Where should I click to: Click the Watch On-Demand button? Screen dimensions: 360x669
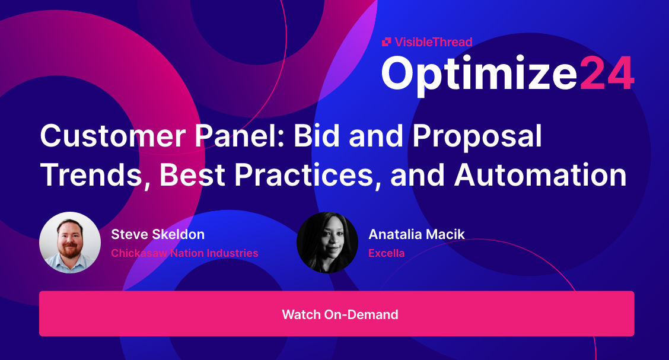[x=336, y=314]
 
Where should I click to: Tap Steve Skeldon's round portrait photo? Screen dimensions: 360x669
[x=70, y=243]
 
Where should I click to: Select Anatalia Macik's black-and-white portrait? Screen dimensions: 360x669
[x=327, y=243]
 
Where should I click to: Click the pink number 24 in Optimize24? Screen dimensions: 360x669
[x=606, y=74]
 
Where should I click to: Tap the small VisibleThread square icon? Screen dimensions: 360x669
[x=387, y=42]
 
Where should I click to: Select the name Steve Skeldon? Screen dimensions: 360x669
[x=158, y=234]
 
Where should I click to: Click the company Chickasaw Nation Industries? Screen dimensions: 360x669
[x=184, y=253]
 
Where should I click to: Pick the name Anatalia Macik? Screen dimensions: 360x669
[x=416, y=234]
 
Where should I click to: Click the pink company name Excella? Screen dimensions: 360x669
[x=386, y=253]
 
